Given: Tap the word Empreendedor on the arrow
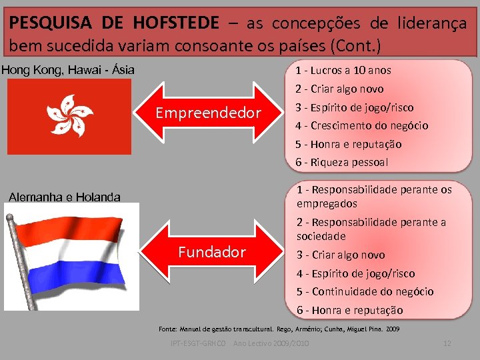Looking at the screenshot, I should (208, 113).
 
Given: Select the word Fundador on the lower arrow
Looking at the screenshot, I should (212, 252).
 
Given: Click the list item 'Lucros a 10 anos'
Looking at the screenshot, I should (343, 70).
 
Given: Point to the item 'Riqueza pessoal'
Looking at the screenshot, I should (342, 162).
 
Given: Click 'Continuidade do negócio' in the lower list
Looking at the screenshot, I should (365, 291).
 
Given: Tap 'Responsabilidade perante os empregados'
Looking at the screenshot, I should (373, 197).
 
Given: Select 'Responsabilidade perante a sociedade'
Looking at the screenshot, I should (371, 229).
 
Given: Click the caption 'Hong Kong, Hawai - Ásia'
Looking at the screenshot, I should (68, 69).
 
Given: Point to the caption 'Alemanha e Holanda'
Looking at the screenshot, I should (64, 197).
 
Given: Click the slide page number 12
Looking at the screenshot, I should (447, 343).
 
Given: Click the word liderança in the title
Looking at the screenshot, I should (433, 24).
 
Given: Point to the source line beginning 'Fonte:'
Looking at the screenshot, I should (279, 329).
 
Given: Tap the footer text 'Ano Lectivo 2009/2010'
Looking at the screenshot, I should (271, 343).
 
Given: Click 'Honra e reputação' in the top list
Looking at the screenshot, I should (349, 144).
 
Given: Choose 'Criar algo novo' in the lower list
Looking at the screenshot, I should (341, 255).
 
